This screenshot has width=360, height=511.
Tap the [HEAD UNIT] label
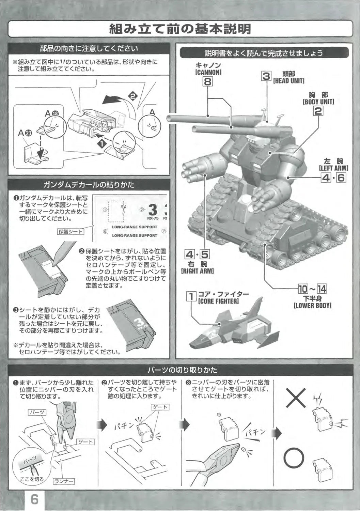point(288,81)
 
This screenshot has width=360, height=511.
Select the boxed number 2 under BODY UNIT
point(318,111)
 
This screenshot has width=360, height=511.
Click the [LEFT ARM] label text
point(333,168)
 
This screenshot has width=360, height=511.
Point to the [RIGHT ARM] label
point(197,271)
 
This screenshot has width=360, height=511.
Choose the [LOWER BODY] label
point(312,306)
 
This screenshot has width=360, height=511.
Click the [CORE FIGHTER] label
point(218,301)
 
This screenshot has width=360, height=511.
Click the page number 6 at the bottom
point(34,499)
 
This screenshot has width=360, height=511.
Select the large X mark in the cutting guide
point(295,398)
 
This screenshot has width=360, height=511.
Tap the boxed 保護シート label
point(71,232)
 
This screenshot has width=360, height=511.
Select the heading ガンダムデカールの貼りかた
point(89,185)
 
